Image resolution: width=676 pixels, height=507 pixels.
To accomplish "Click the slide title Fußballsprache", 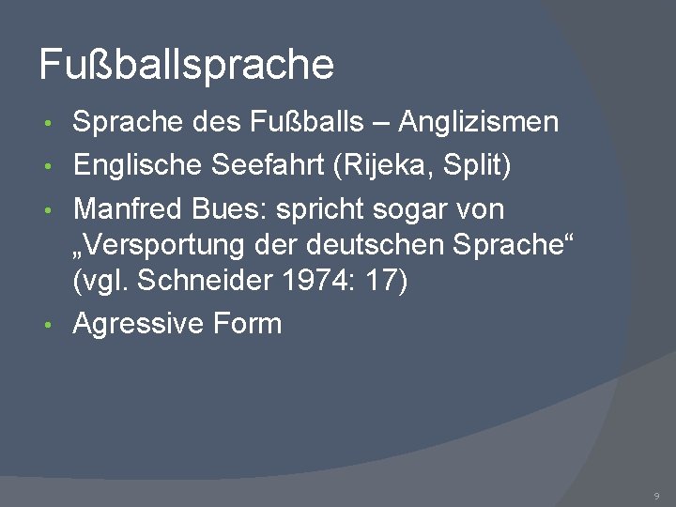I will click(x=186, y=65).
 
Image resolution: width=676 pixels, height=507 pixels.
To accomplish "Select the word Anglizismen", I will click(x=479, y=122).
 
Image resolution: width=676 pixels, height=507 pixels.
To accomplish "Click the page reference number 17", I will click(x=383, y=281).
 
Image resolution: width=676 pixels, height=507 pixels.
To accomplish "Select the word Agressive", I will click(x=139, y=324).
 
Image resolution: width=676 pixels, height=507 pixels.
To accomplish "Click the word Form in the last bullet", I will click(x=248, y=324).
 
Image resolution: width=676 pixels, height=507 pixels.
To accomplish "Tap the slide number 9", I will click(x=657, y=495).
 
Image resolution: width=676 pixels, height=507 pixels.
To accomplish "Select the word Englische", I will click(x=137, y=165).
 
